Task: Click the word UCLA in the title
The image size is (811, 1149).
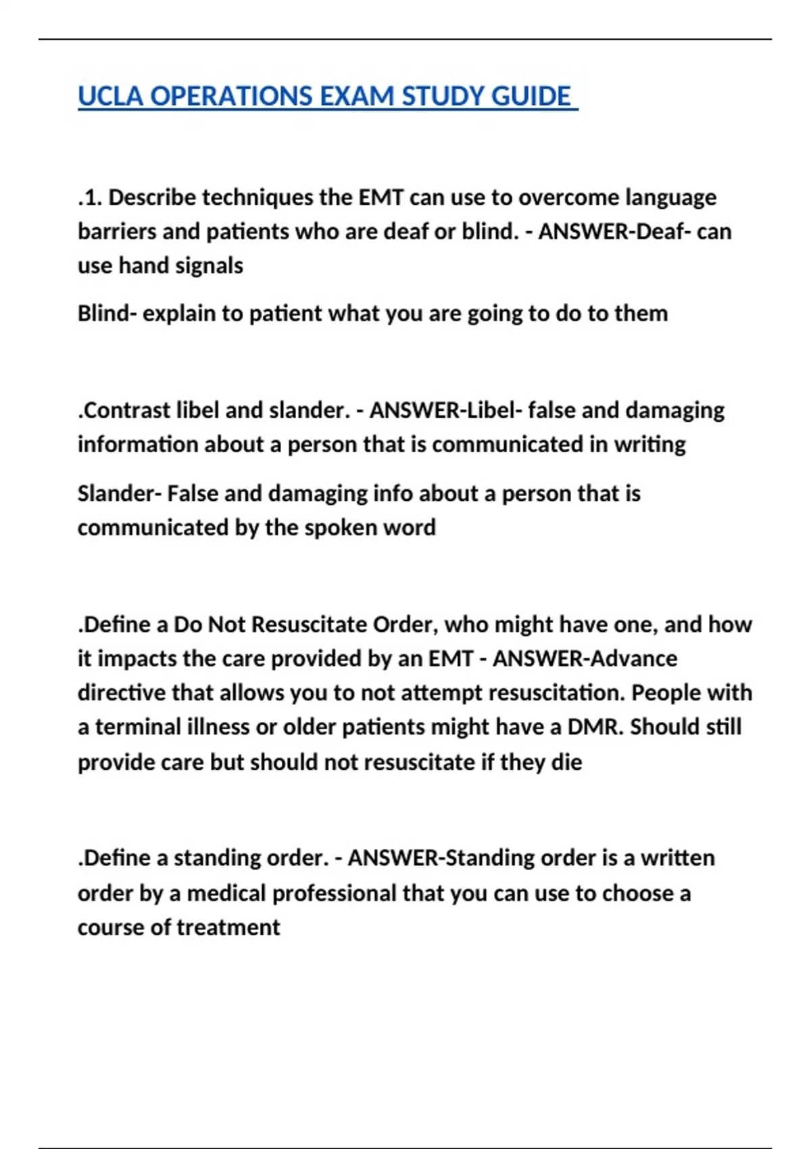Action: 110,97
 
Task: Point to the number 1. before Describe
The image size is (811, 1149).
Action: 93,197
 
